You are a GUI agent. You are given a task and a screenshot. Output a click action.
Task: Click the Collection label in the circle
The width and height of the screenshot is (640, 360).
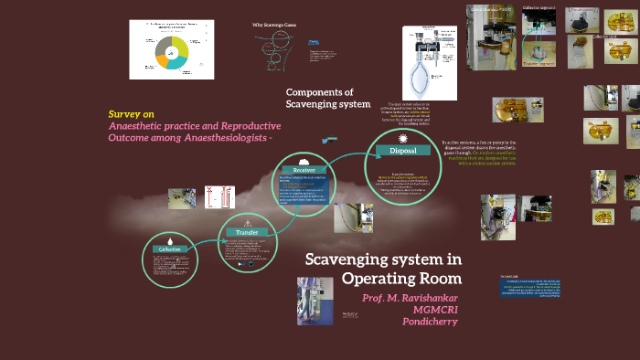click(x=169, y=249)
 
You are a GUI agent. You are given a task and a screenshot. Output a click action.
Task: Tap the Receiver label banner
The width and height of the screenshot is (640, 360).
click(x=304, y=170)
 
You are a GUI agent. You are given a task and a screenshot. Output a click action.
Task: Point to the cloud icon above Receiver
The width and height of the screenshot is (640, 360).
click(x=304, y=160)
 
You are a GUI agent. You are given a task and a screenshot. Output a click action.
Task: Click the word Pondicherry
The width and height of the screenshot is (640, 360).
click(x=431, y=322)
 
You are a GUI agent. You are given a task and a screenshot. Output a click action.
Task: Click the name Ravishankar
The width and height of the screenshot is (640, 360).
click(x=426, y=298)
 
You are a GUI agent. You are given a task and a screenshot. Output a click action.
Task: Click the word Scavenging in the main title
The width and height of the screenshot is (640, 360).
click(x=345, y=259)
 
